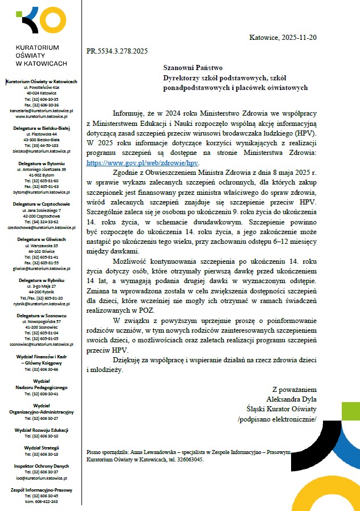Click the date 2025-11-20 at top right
(297, 38)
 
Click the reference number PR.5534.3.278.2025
(117, 51)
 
